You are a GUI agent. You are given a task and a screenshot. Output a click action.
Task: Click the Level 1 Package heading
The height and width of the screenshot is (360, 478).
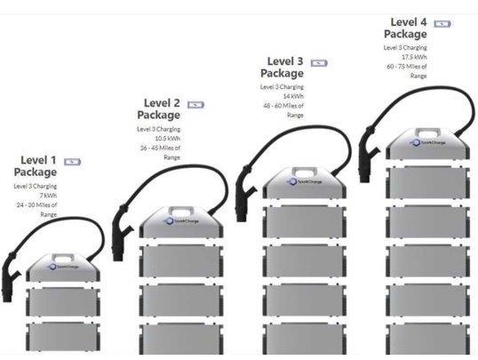[x=36, y=165]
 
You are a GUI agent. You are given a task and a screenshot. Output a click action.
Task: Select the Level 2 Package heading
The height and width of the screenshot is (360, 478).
[x=160, y=108]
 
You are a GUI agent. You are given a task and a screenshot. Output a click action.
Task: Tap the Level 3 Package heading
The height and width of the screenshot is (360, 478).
[x=283, y=68]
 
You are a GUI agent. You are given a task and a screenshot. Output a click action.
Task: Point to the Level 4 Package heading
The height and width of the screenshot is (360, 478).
[x=406, y=28]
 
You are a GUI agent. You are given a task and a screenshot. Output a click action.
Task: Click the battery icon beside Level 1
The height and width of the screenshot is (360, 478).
[x=72, y=162]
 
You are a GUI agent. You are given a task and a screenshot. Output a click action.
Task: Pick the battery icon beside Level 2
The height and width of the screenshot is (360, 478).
[x=196, y=104]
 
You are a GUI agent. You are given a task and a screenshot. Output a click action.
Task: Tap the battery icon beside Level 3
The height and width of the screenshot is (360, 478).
[x=319, y=63]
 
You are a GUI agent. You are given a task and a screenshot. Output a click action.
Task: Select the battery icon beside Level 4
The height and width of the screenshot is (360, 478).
[x=442, y=23]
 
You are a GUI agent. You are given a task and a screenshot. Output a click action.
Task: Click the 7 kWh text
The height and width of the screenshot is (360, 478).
[x=47, y=196]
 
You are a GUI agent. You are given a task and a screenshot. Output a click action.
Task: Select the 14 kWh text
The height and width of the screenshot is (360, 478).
[x=293, y=96]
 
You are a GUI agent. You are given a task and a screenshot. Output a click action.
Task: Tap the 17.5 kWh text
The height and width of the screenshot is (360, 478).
[x=416, y=57]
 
